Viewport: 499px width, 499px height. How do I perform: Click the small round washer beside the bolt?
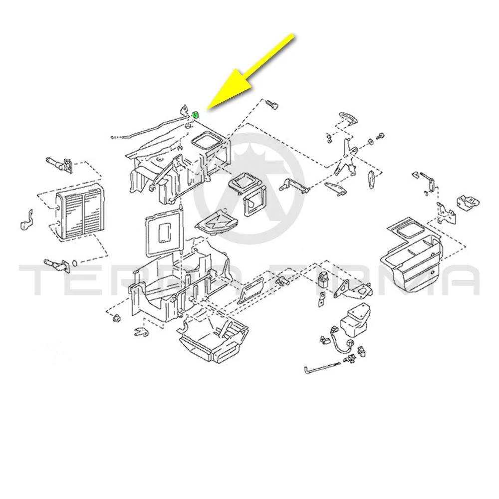click(371, 141)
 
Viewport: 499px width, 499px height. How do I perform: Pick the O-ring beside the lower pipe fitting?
click(75, 263)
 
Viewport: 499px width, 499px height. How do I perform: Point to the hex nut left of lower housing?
click(116, 318)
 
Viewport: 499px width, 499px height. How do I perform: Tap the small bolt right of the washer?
click(380, 136)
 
